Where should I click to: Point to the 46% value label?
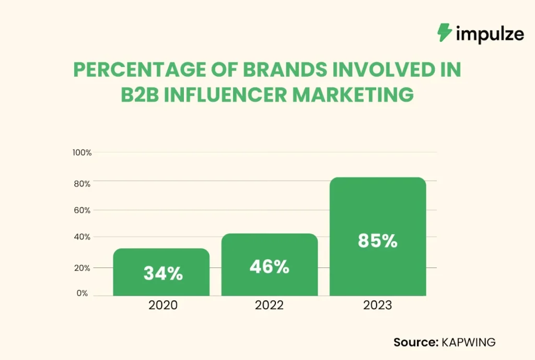click(x=269, y=266)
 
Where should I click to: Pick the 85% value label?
click(x=377, y=241)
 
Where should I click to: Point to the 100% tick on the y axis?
click(x=82, y=153)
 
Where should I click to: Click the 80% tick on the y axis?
click(x=83, y=184)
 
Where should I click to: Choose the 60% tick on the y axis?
click(x=83, y=211)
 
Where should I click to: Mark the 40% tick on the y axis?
click(x=83, y=237)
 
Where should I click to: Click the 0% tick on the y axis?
click(x=83, y=294)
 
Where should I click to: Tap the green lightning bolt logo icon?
click(x=445, y=32)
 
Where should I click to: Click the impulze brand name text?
click(x=489, y=34)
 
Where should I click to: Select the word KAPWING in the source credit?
click(x=469, y=342)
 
